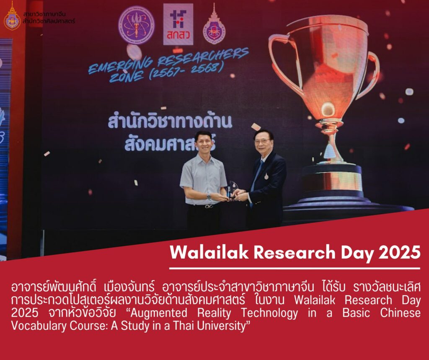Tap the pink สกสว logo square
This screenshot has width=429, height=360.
(178, 24)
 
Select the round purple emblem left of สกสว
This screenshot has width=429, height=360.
(136, 25)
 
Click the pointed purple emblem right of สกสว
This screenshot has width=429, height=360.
(214, 26)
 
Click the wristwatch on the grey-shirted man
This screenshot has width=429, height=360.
(209, 196)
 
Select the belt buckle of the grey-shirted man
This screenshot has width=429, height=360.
(209, 206)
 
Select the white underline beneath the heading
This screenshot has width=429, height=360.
(295, 268)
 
